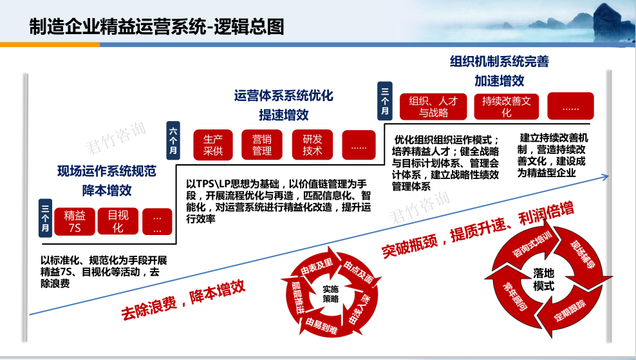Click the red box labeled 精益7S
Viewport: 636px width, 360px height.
point(75,222)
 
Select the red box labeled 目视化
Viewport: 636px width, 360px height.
point(118,222)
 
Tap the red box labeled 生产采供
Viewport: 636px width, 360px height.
point(213,145)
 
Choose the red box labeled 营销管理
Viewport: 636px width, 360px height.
point(261,145)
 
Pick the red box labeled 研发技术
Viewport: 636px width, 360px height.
point(312,145)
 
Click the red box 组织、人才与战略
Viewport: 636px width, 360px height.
point(433,107)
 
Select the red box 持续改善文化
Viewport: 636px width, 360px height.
point(506,107)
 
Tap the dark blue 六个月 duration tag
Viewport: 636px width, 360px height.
point(173,140)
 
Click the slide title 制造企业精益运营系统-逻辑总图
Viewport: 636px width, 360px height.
point(156,27)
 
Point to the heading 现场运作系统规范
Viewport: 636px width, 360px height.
point(107,171)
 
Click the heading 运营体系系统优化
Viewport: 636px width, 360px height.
point(283,96)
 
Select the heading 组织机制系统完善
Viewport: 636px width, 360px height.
point(500,61)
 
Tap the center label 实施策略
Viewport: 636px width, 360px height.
point(331,294)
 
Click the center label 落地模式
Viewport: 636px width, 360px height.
point(543,279)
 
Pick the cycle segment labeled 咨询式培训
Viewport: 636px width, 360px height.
point(531,244)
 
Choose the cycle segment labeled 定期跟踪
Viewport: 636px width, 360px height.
point(570,310)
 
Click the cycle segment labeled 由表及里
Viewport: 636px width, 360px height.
point(317,266)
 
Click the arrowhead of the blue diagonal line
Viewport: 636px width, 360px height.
point(606,176)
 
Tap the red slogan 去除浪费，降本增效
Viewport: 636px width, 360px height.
point(183,299)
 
